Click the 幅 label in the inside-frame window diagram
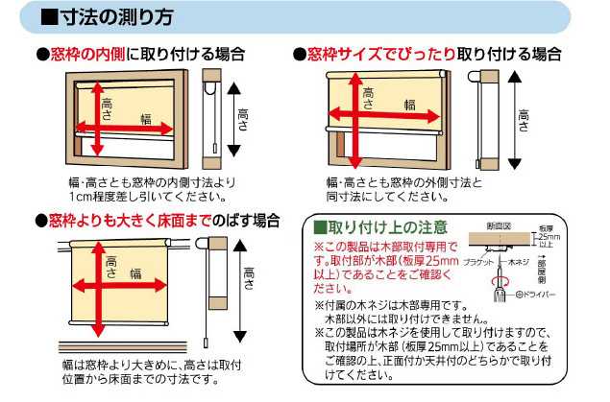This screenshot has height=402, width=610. pos(146,119)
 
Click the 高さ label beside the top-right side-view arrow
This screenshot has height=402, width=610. pos(524,116)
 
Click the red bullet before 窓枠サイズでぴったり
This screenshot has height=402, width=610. pos(300,54)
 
